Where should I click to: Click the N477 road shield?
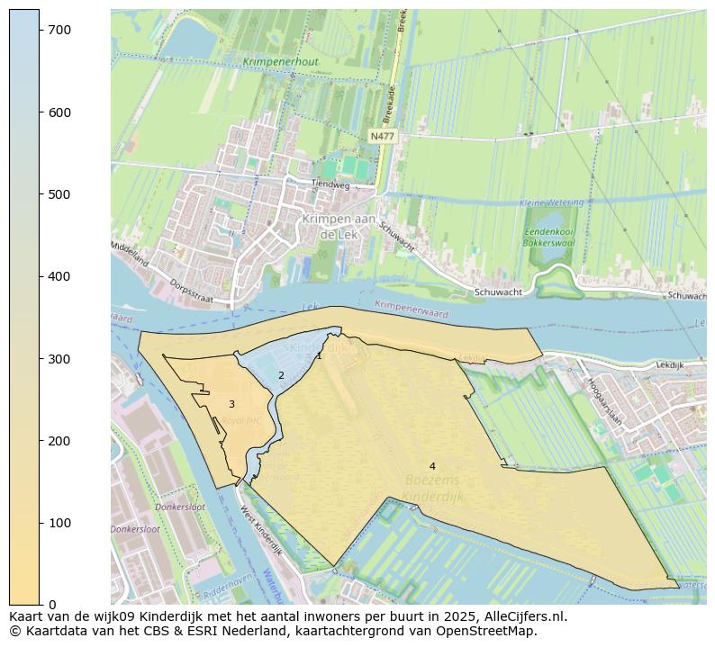(x=383, y=136)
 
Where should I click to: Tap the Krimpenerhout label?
(x=280, y=62)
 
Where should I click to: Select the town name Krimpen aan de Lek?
(x=339, y=226)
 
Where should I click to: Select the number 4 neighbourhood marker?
(x=432, y=466)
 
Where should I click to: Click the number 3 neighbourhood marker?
(x=231, y=405)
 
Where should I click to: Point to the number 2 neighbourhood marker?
(x=281, y=375)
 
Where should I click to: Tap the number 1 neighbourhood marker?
(x=319, y=356)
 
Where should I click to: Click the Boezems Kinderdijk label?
(x=432, y=488)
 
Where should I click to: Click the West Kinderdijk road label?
(x=260, y=531)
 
